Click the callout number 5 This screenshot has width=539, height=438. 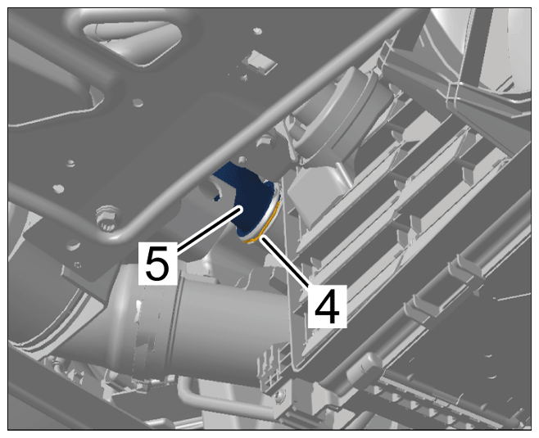[157, 263]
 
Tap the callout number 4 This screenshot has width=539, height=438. [327, 305]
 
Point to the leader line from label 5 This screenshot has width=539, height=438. [209, 229]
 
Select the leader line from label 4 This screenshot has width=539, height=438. [288, 261]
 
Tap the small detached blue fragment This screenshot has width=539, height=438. [216, 197]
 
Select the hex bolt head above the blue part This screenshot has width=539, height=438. [265, 142]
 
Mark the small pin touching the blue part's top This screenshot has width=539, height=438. [242, 160]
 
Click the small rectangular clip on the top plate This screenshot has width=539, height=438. [259, 62]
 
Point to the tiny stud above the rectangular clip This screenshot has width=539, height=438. [257, 31]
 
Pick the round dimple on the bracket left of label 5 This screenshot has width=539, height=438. [73, 244]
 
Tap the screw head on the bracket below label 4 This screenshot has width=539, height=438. [279, 395]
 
